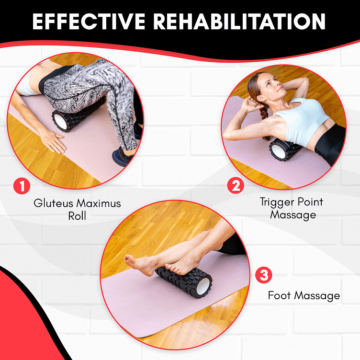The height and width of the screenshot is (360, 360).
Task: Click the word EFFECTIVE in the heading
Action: point(89,22)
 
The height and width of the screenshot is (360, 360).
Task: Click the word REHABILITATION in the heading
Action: point(239,22)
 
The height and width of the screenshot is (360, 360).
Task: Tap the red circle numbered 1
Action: point(22,186)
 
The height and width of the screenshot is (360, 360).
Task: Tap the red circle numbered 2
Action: point(236,186)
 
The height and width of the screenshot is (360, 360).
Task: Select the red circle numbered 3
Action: point(264,275)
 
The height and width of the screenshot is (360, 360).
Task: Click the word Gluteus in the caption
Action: point(53,203)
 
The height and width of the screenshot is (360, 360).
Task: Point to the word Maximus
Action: point(99,203)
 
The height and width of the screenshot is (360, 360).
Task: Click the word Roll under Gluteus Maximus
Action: point(77,216)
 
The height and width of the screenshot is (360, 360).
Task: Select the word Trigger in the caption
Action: point(277,202)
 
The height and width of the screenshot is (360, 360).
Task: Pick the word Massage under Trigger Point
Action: point(293,215)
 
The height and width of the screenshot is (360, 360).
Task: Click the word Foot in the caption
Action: point(279,295)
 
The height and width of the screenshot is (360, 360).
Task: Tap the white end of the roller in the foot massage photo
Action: point(203,286)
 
